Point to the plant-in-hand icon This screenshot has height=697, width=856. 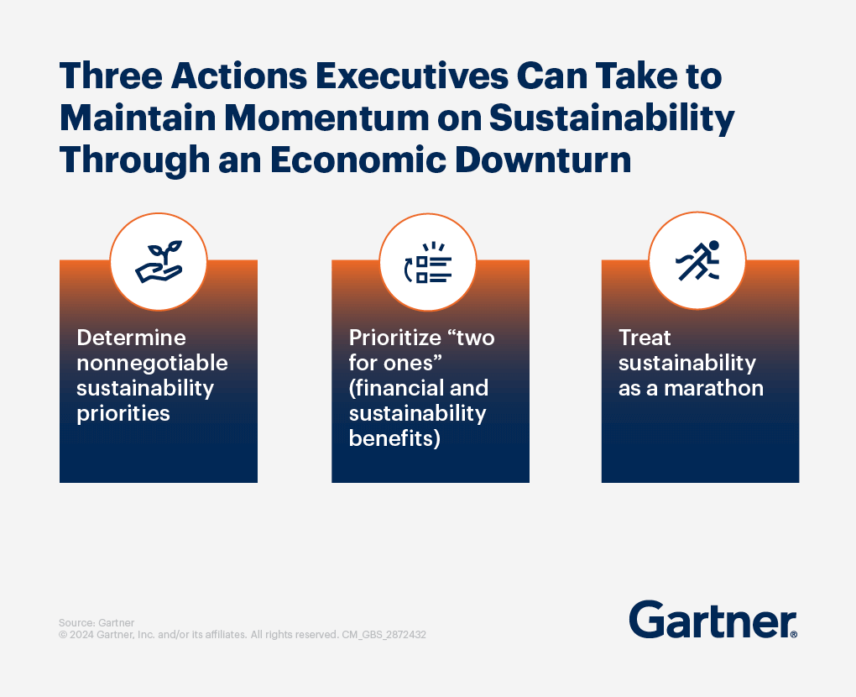159,261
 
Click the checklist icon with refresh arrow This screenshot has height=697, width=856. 428,261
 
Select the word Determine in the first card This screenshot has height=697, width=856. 131,338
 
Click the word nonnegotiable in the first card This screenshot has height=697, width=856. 152,363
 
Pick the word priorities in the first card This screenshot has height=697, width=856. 123,413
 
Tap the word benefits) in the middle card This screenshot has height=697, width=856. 394,438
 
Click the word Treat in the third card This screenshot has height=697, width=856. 645,338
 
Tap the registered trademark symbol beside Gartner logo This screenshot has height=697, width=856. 793,635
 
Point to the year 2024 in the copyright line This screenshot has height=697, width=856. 81,635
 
